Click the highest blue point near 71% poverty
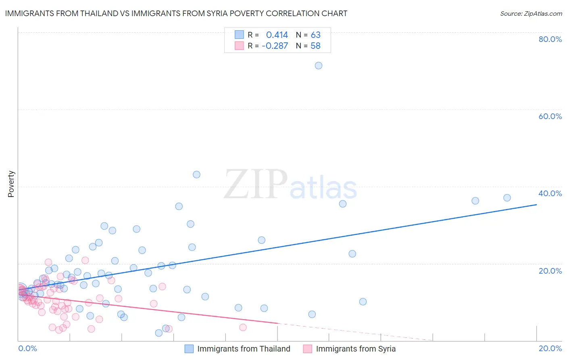(x=318, y=65)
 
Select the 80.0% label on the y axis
(x=550, y=39)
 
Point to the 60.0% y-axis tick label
(x=550, y=116)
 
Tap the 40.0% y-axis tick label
(x=550, y=193)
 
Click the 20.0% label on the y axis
(x=550, y=271)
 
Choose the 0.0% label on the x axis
(x=27, y=348)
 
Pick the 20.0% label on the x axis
(x=550, y=348)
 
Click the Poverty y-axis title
(x=11, y=184)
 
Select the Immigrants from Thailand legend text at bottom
(x=244, y=349)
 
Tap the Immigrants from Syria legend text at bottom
(x=356, y=349)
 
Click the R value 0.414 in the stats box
(x=277, y=35)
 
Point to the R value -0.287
(x=275, y=46)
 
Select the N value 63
(x=315, y=35)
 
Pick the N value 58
(x=315, y=46)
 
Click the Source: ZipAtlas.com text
(x=531, y=14)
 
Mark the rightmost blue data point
(x=507, y=198)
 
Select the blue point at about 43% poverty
(x=196, y=175)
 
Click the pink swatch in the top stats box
(x=239, y=46)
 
